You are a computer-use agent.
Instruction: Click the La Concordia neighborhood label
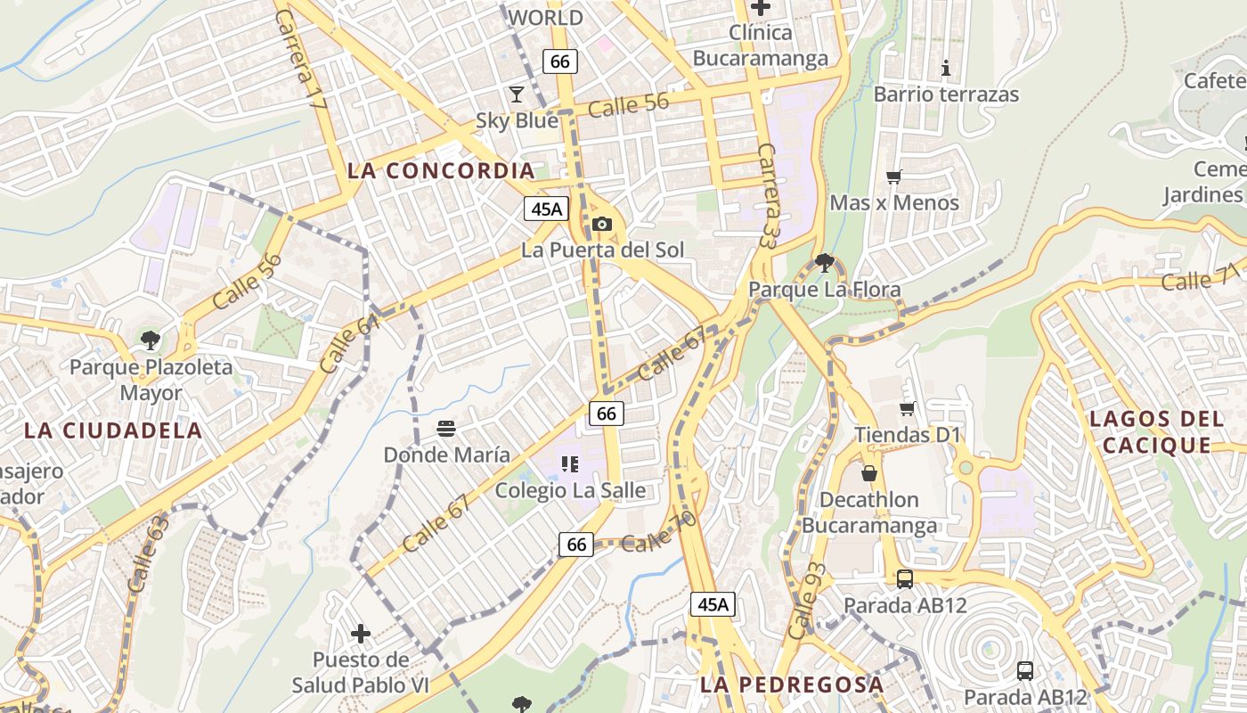click(441, 170)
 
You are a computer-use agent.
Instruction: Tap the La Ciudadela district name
click(113, 430)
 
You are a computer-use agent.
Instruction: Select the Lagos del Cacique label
click(1155, 431)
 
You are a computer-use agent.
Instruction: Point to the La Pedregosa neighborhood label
click(792, 684)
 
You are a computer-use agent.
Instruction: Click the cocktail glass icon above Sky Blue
click(517, 94)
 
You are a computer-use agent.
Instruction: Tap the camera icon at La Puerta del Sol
click(602, 224)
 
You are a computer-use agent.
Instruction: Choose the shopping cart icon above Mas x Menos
click(894, 176)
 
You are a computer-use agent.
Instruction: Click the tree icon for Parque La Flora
click(824, 262)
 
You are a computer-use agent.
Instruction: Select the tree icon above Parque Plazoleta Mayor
click(151, 340)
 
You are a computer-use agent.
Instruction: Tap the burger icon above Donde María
click(446, 429)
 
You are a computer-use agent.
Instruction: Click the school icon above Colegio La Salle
click(570, 463)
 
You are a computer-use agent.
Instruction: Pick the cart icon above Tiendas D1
click(908, 408)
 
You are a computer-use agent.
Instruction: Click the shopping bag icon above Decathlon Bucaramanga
click(869, 473)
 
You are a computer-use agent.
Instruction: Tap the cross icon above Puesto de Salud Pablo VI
click(361, 634)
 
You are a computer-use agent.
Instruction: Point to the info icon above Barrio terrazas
click(946, 68)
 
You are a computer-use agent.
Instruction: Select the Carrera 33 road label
click(771, 195)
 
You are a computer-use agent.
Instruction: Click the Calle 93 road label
click(807, 601)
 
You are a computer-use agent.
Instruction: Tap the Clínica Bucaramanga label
click(761, 45)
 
